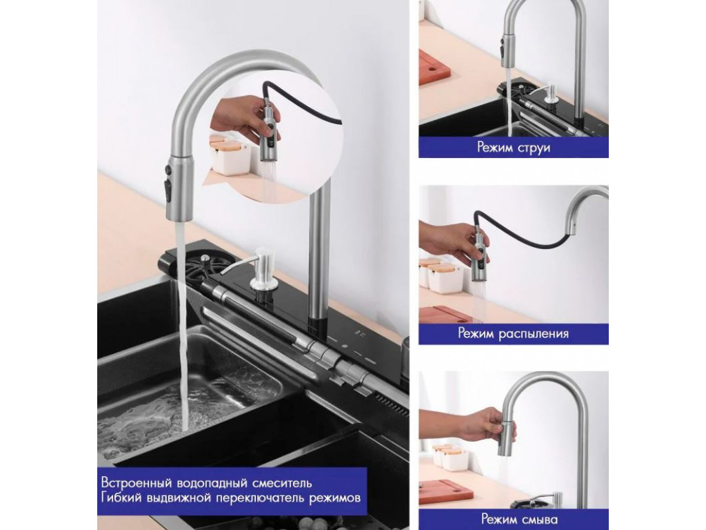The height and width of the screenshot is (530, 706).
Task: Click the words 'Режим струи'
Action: coord(514,148)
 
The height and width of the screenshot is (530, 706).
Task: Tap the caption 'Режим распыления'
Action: coord(513,334)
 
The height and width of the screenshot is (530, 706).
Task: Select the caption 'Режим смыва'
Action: coord(514,519)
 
